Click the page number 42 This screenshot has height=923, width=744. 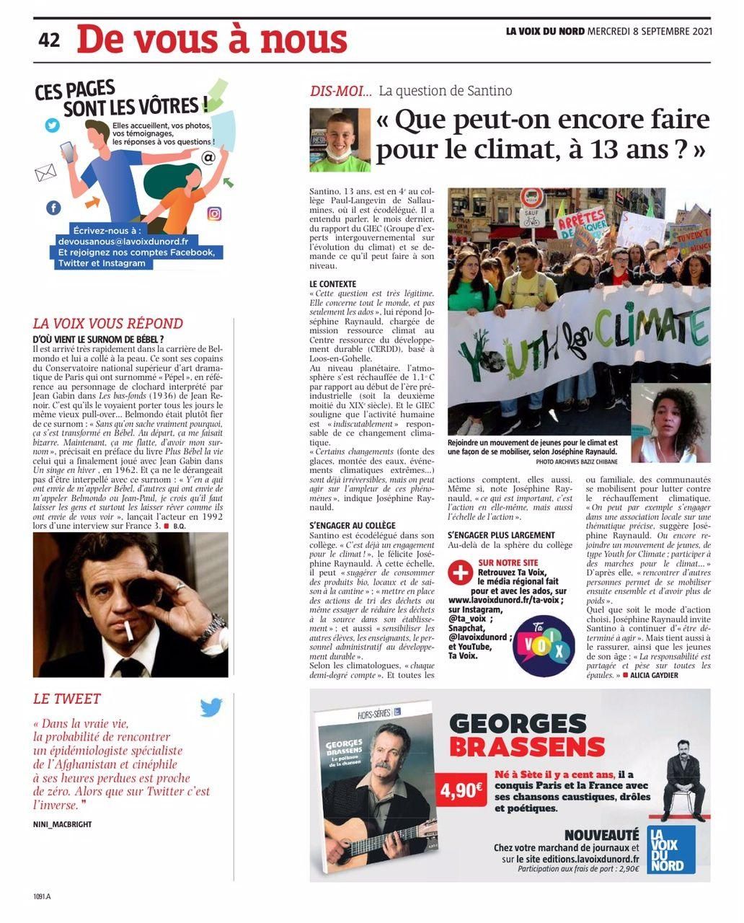[x=49, y=41]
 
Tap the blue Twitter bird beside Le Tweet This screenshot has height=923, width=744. [x=211, y=707]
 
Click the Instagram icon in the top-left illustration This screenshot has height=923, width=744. [x=214, y=213]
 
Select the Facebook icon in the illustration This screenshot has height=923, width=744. [x=53, y=208]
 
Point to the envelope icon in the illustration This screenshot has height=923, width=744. [x=45, y=172]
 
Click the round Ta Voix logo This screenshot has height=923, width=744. [x=543, y=643]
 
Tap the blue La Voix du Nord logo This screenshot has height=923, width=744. [x=670, y=849]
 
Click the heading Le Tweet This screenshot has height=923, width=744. [x=67, y=699]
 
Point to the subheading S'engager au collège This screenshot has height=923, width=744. [x=352, y=526]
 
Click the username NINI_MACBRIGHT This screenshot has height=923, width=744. [x=63, y=823]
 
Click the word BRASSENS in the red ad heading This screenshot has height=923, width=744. [x=527, y=746]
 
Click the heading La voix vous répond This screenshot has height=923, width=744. [x=108, y=324]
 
